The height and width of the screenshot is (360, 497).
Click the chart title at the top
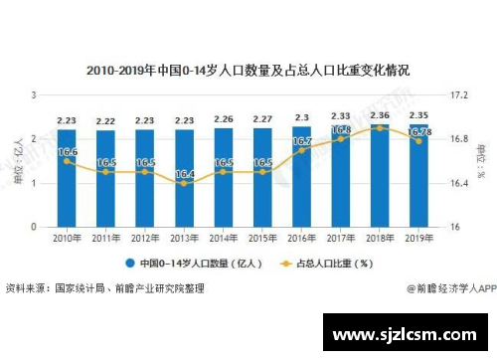248,71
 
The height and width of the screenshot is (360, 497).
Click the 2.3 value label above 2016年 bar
301,118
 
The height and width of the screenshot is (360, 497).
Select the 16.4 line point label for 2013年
184,174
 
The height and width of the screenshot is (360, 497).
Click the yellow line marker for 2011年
105,172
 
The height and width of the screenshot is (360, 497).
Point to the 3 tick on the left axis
35,94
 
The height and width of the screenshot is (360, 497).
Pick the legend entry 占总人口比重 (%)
327,264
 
